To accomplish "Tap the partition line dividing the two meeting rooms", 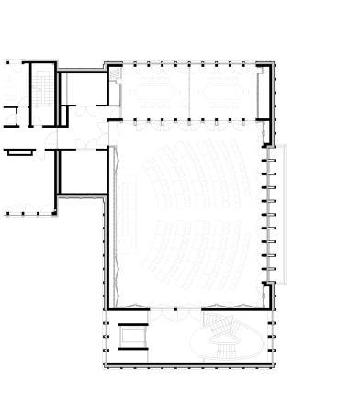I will click(189, 92).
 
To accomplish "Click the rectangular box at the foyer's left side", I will click(132, 337).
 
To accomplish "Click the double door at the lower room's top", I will click(85, 147).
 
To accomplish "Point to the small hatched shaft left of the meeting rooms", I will click(115, 93).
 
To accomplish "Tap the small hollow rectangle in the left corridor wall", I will click(18, 153).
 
